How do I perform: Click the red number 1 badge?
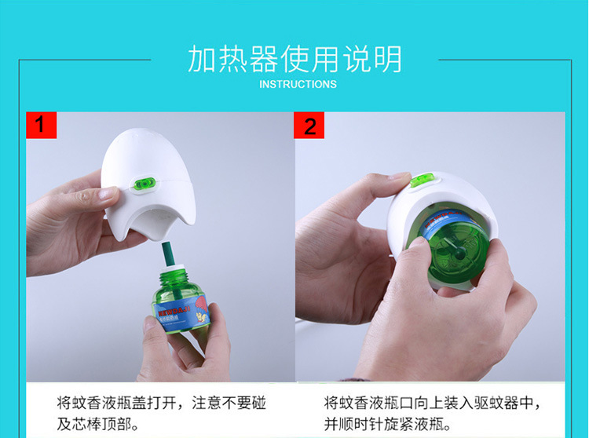pos(42,125)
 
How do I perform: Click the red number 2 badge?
pos(309,125)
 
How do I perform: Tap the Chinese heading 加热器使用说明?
pos(294,59)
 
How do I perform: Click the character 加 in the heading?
pos(202,59)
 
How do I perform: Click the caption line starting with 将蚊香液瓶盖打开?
pos(162,403)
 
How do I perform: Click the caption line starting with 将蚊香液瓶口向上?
pos(433,403)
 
